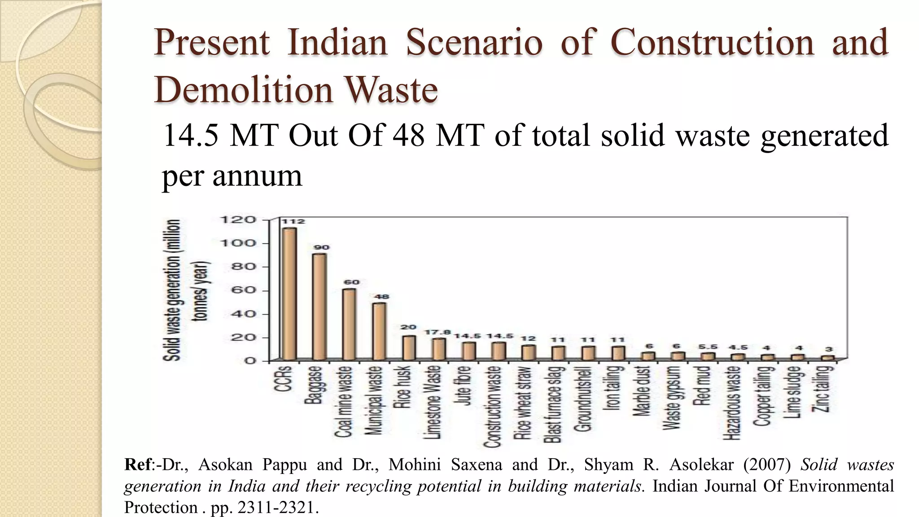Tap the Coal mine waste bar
pos(349,324)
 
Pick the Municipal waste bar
pos(379,331)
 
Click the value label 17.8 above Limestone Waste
pos(438,332)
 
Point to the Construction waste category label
pos(493,407)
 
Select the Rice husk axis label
pos(402,387)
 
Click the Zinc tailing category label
pos(823,389)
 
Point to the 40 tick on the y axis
pos(243,314)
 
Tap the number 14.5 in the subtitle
pos(190,136)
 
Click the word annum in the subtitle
pos(257,176)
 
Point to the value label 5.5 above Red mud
pos(708,347)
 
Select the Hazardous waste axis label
pos(732,403)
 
